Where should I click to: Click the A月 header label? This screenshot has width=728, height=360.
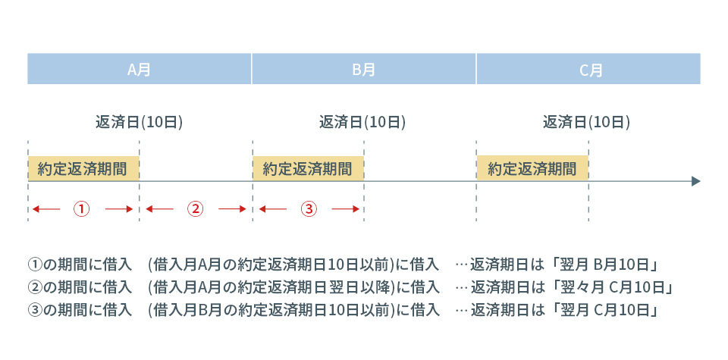[140, 70]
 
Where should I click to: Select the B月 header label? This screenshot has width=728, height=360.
[363, 70]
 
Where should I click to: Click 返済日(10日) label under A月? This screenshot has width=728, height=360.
[139, 123]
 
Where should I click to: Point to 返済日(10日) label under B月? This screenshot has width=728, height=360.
[362, 123]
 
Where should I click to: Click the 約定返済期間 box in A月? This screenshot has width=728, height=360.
[83, 168]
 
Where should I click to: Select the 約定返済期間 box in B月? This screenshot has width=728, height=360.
[309, 168]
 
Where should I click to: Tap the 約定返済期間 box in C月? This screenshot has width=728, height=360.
[532, 168]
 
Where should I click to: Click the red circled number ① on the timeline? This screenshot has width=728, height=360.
[82, 209]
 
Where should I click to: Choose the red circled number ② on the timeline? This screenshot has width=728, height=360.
[196, 209]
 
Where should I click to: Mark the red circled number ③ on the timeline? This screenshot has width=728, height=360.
[309, 209]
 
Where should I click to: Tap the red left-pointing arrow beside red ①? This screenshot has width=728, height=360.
[46, 209]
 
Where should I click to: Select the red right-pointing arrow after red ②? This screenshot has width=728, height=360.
[232, 209]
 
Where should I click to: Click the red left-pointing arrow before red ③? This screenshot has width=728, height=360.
[272, 209]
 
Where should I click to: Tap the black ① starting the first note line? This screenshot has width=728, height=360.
[35, 265]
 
